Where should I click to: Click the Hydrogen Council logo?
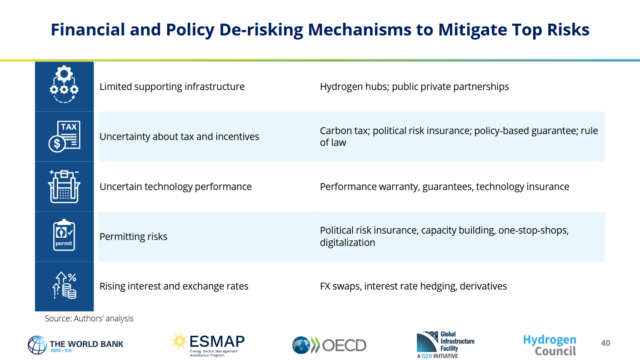coord(549,342)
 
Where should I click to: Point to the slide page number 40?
coord(606,342)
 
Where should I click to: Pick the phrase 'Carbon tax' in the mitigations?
coord(346,130)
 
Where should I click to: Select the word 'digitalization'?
coord(352,242)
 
